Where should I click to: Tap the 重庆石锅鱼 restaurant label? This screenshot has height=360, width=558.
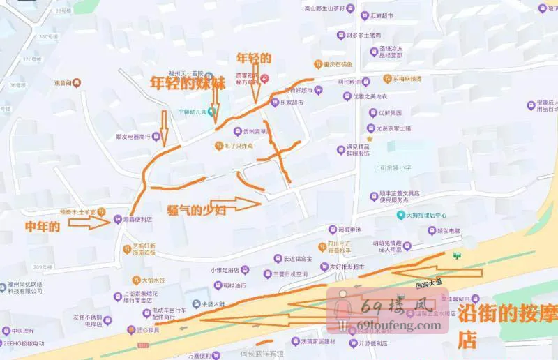(337, 65)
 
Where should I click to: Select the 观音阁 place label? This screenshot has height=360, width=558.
(63, 83)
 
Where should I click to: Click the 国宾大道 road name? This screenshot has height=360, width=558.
(429, 285)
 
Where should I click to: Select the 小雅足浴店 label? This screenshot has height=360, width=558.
(225, 270)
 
